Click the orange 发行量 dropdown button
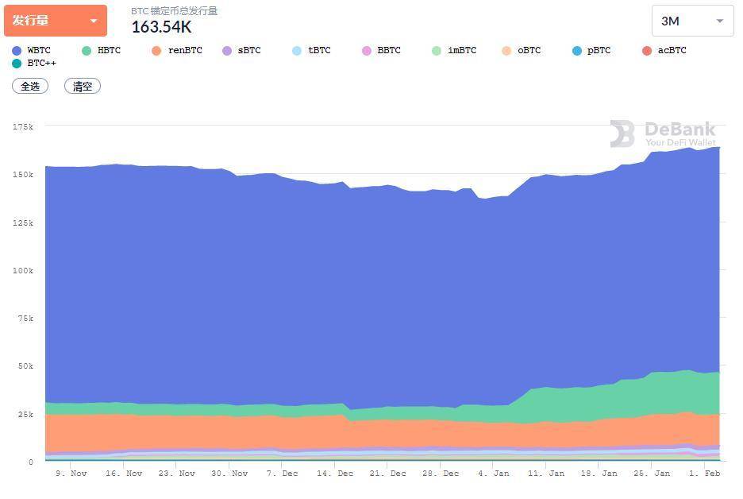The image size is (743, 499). [55, 21]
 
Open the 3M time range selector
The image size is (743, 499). [692, 21]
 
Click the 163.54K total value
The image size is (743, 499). [161, 27]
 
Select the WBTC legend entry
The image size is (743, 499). [32, 51]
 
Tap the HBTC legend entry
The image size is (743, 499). [102, 51]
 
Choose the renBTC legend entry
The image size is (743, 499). [177, 51]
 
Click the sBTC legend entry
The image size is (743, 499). [242, 51]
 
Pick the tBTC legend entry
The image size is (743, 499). [312, 51]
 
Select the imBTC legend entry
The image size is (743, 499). [455, 51]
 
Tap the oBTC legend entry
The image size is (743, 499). [522, 51]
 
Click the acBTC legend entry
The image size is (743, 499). [664, 51]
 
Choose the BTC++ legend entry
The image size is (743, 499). [35, 63]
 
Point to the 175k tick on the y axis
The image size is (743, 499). [23, 126]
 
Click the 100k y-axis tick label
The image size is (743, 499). [23, 271]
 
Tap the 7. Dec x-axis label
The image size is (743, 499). [282, 474]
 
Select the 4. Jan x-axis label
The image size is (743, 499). [493, 474]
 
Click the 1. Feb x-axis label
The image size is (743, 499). [704, 474]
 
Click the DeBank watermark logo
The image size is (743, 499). [663, 133]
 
